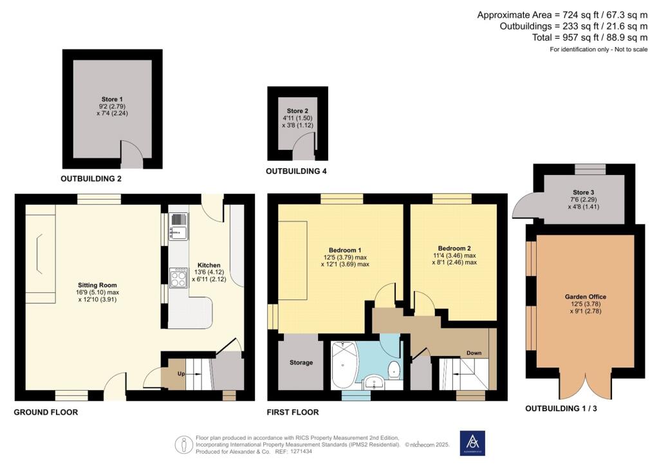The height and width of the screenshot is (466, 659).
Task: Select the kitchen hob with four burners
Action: pyautogui.click(x=179, y=278)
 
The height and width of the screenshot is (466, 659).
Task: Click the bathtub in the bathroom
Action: pyautogui.click(x=343, y=365)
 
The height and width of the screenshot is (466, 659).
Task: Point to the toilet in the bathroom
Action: pyautogui.click(x=394, y=369)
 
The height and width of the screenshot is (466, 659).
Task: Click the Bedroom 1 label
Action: pyautogui.click(x=345, y=250)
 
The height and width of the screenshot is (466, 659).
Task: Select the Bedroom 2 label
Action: pyautogui.click(x=454, y=248)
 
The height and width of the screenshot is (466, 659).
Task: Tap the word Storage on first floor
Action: pyautogui.click(x=301, y=362)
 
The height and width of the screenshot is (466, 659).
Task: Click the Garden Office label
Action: pyautogui.click(x=586, y=297)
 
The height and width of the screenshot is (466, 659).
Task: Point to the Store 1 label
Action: pyautogui.click(x=112, y=100)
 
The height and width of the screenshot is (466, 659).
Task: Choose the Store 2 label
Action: pyautogui.click(x=297, y=111)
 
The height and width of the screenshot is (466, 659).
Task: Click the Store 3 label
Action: pyautogui.click(x=584, y=192)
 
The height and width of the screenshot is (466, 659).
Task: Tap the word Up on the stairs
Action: pyautogui.click(x=181, y=373)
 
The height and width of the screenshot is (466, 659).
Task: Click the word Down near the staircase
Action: pyautogui.click(x=474, y=353)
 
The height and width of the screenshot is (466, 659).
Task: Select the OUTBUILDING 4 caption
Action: pyautogui.click(x=296, y=171)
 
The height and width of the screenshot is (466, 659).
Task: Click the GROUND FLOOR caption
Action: pyautogui.click(x=46, y=412)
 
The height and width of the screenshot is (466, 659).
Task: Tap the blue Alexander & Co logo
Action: pyautogui.click(x=472, y=443)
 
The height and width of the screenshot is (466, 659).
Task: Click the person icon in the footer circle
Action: pyautogui.click(x=183, y=445)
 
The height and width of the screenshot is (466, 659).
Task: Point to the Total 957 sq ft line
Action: pyautogui.click(x=590, y=38)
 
